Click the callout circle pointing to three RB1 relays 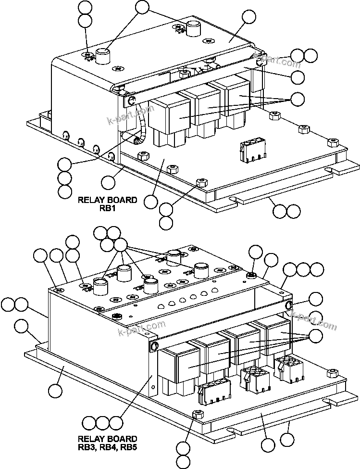click(x=298, y=99)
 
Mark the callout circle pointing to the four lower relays click(x=316, y=336)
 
